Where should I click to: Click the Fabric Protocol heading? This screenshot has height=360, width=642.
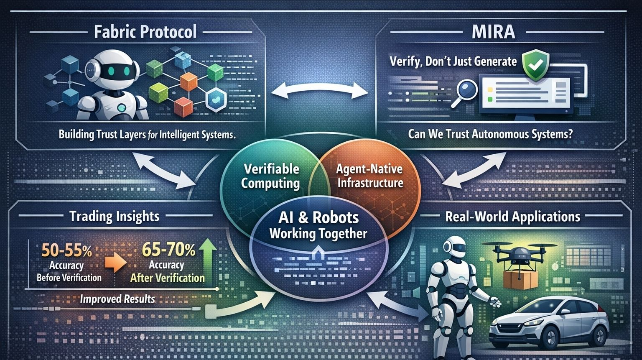[x=145, y=32]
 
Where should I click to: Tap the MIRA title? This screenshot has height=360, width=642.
[x=493, y=32]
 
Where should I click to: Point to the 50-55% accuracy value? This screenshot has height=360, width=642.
[x=67, y=250]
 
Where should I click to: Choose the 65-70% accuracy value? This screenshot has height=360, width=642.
[x=168, y=250]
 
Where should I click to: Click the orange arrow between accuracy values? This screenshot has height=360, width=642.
[x=115, y=263]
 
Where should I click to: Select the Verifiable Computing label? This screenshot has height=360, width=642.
[x=271, y=176]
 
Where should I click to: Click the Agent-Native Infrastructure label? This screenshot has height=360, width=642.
[x=369, y=176]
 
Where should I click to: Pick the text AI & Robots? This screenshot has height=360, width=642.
[x=318, y=217]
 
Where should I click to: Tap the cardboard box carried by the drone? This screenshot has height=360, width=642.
[x=520, y=279]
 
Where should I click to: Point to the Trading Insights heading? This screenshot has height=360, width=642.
[x=114, y=216]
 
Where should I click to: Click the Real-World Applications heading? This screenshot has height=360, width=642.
[x=512, y=217]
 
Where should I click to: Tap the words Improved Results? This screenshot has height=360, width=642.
[x=117, y=299]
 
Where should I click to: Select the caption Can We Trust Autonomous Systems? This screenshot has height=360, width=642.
[x=490, y=134]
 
